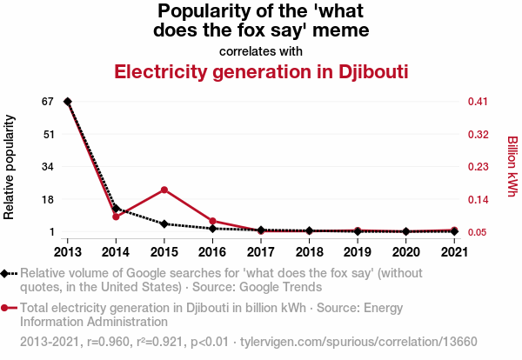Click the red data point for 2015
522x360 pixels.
coord(164,190)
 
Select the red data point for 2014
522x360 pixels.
coord(116,217)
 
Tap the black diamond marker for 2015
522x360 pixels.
coord(164,223)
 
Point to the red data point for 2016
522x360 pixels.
coord(213,221)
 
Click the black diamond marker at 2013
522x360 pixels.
coord(68,102)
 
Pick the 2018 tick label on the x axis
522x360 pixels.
coord(310,252)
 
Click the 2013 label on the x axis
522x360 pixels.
coord(68,252)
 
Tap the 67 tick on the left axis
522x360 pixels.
coord(47,102)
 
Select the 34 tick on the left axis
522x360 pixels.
coord(47,167)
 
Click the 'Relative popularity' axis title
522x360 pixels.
coord(10,165)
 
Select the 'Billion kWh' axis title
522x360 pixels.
coord(512,165)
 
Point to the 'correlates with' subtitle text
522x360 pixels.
coord(261,50)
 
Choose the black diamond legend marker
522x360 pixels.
coord(7,272)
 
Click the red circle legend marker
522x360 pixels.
coord(7,307)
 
